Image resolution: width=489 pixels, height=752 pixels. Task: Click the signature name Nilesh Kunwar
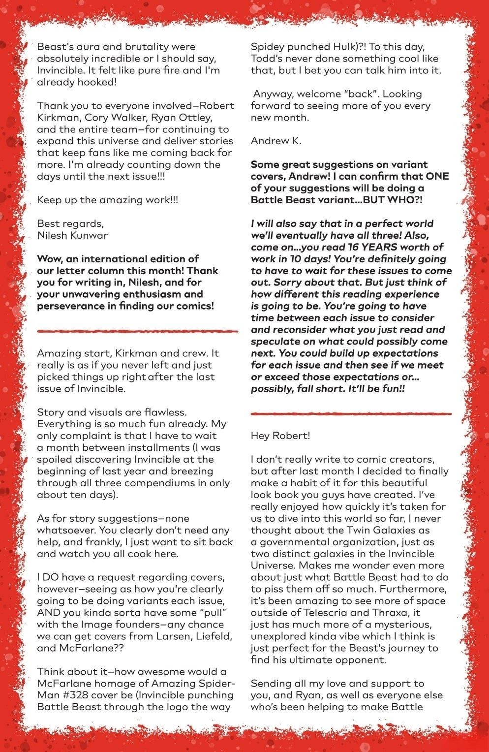[72, 235]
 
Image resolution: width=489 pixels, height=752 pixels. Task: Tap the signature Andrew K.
[276, 141]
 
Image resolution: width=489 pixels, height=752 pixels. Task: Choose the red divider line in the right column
[351, 413]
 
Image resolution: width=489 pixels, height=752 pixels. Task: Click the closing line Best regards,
[70, 223]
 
